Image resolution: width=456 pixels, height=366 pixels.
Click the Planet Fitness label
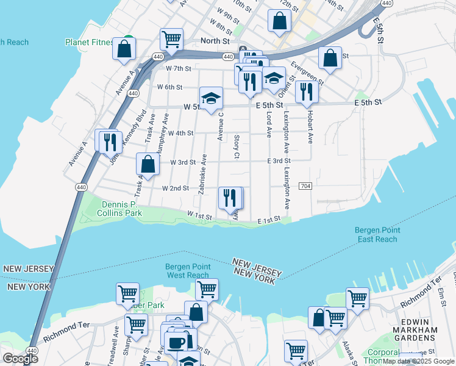[90, 42]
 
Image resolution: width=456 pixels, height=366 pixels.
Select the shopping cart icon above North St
[172, 39]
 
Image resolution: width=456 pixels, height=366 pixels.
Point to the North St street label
[216, 41]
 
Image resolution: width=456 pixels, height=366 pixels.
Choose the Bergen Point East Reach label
[376, 235]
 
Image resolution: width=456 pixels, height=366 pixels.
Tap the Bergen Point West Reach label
[188, 271]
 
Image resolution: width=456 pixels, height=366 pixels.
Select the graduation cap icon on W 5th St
[211, 98]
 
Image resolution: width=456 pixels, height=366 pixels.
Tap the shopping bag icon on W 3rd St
[148, 163]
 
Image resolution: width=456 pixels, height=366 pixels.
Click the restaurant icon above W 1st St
[229, 197]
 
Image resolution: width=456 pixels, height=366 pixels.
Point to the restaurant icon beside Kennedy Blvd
[110, 142]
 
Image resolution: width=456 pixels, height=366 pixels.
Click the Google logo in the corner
[20, 359]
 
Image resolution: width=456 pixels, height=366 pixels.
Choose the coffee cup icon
[176, 342]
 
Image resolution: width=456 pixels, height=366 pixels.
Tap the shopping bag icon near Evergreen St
[330, 58]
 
